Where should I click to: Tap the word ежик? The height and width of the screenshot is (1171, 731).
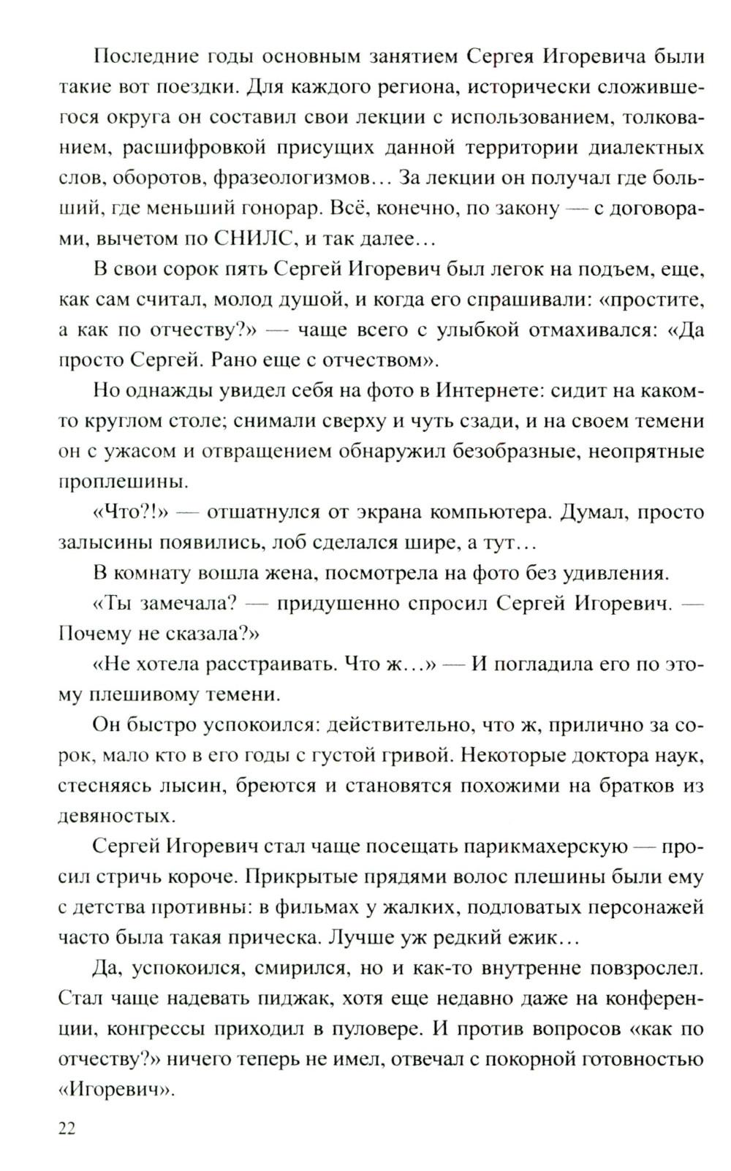click(x=544, y=938)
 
